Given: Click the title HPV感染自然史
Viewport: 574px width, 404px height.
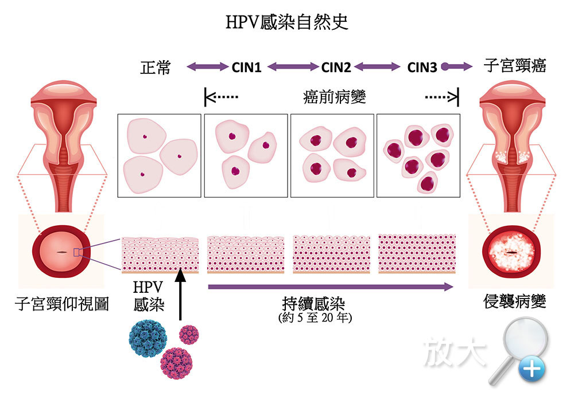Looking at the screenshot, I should click(x=288, y=23).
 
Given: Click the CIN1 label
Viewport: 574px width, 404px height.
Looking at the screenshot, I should click(x=247, y=68).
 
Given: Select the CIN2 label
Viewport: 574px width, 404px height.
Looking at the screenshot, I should click(x=336, y=68).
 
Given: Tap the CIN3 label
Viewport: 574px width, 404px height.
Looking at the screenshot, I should click(x=422, y=68).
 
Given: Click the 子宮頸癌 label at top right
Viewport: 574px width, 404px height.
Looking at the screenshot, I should click(x=515, y=65).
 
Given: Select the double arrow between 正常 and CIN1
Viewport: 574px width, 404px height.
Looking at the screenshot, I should click(x=207, y=67).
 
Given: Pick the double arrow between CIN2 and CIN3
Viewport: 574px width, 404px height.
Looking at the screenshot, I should click(x=377, y=67).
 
